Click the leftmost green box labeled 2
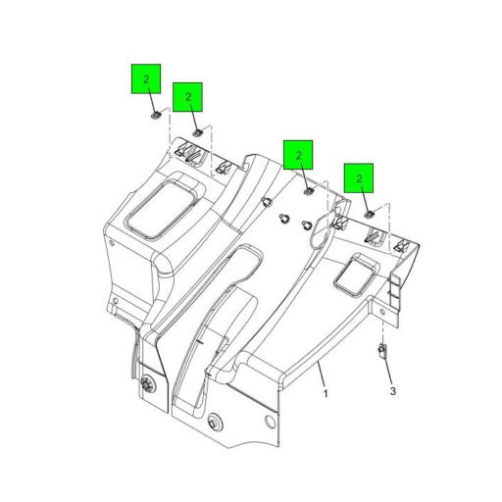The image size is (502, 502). click(146, 78)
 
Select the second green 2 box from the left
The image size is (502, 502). click(187, 97)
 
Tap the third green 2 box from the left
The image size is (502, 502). click(298, 155)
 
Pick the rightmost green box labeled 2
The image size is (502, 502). click(360, 178)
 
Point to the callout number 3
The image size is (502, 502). click(392, 391)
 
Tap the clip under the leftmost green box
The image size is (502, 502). click(154, 117)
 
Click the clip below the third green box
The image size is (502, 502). click(308, 191)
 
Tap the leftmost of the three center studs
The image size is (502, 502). click(267, 203)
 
